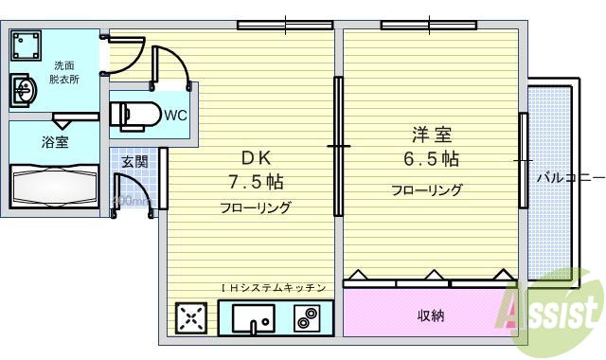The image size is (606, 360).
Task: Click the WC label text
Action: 175,116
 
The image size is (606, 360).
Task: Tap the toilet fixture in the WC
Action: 129,115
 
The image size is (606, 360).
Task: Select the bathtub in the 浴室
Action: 53,188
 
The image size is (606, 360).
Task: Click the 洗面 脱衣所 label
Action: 65,73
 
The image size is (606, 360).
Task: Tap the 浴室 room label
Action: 54,143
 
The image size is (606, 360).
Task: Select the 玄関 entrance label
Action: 134,161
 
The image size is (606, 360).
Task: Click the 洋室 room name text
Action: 426,135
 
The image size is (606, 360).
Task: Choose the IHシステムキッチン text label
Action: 274,288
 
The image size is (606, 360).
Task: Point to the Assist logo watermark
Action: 554,310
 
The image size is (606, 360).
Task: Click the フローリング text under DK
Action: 256,207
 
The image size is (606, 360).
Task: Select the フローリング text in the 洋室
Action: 427,189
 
